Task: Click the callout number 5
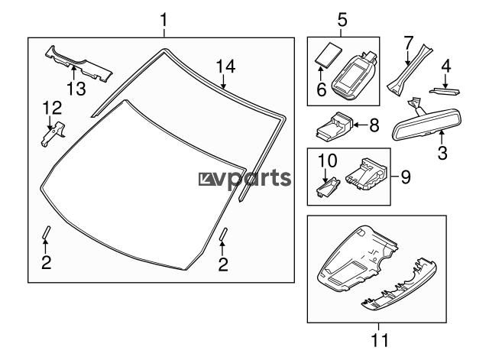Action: [342, 18]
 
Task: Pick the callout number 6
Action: [321, 90]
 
